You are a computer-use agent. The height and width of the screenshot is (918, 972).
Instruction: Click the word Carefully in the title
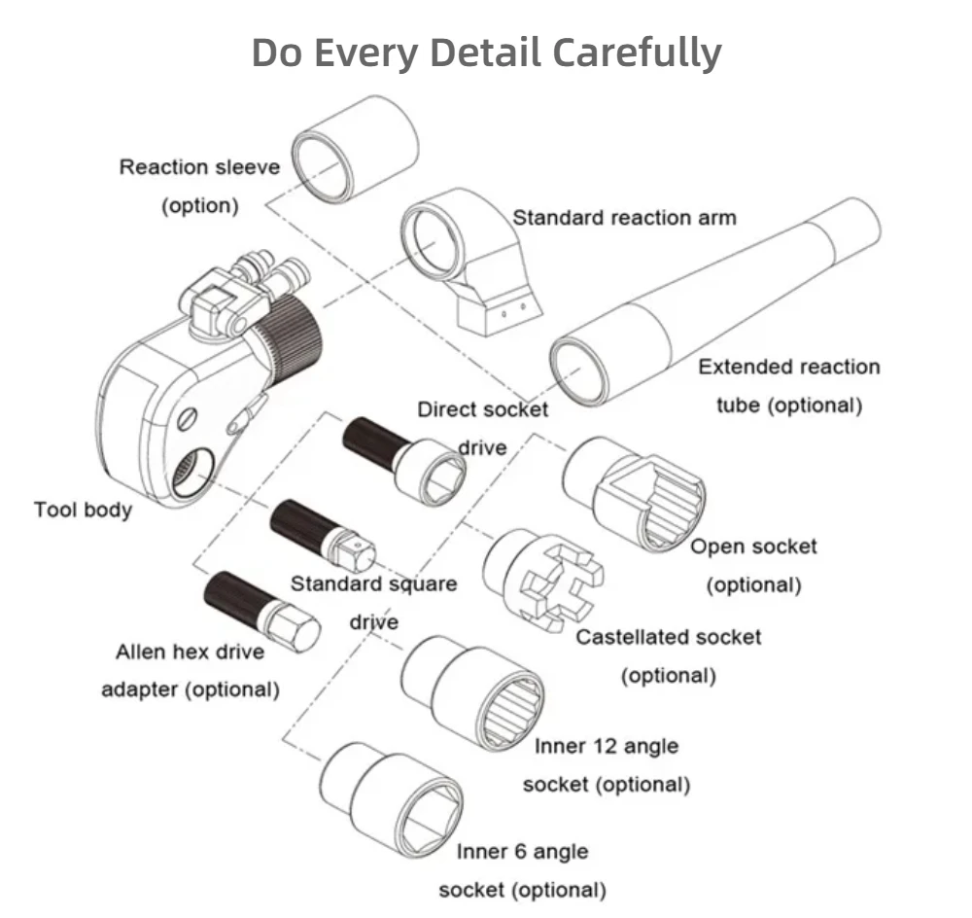(637, 53)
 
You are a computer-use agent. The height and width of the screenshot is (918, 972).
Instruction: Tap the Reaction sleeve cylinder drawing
(355, 149)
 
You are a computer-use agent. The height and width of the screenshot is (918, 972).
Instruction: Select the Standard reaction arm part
(471, 262)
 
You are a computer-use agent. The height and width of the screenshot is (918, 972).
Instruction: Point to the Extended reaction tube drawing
(715, 301)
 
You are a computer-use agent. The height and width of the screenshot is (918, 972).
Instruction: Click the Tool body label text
(83, 510)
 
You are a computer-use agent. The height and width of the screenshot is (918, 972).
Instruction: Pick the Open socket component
(634, 494)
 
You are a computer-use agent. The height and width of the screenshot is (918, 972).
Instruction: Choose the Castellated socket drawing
(543, 580)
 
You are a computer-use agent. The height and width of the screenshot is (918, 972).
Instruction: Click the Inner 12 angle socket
(472, 692)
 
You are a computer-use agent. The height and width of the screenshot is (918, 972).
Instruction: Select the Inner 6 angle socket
(392, 800)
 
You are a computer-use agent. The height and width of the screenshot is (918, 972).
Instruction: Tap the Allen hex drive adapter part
(261, 612)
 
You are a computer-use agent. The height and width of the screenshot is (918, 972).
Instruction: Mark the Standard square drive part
(323, 535)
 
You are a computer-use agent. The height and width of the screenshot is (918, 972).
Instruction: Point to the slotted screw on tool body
(187, 419)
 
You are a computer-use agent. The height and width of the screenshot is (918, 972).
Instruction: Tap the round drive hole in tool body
(192, 472)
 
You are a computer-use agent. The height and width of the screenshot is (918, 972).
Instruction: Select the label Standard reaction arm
(624, 218)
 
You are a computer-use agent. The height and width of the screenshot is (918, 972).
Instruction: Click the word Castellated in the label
(628, 637)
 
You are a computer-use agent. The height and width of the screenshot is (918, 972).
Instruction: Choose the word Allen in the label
(141, 652)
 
